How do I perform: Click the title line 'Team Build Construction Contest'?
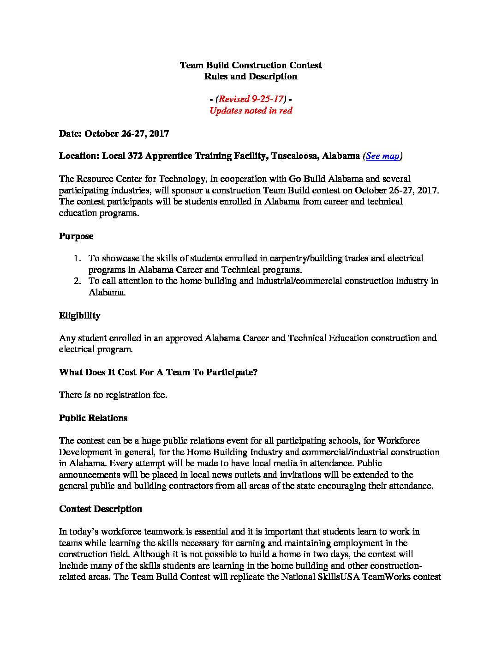click(x=251, y=65)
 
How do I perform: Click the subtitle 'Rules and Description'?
click(x=251, y=77)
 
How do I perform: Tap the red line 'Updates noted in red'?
click(x=251, y=111)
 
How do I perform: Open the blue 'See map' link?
click(x=382, y=156)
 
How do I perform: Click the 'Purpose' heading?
click(x=76, y=236)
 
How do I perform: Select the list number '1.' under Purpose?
click(x=78, y=259)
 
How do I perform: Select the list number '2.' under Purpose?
click(x=78, y=281)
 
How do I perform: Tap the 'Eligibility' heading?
click(x=79, y=316)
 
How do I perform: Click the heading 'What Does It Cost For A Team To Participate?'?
click(x=158, y=373)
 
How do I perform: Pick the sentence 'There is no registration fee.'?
click(x=113, y=395)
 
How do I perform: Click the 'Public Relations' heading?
click(x=93, y=418)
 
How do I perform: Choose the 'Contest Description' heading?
click(x=101, y=509)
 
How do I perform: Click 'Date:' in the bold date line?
click(x=71, y=134)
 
